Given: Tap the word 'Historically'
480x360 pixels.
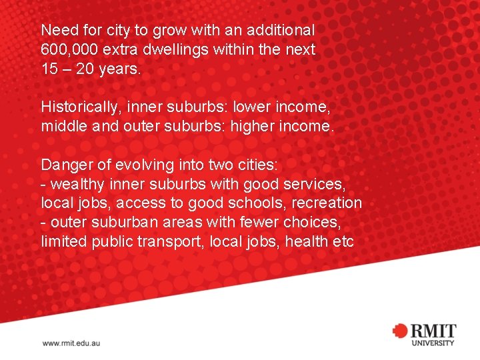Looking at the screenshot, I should [x=81, y=107].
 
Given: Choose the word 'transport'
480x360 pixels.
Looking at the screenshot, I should [x=173, y=241].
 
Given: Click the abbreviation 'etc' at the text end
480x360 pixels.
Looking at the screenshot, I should [x=343, y=241].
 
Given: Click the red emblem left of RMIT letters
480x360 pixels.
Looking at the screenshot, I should [x=400, y=331].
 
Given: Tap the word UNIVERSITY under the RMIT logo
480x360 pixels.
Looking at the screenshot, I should [x=433, y=343].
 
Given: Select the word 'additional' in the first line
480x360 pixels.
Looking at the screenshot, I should [x=281, y=30].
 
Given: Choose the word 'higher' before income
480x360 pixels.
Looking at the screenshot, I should [x=253, y=126].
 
